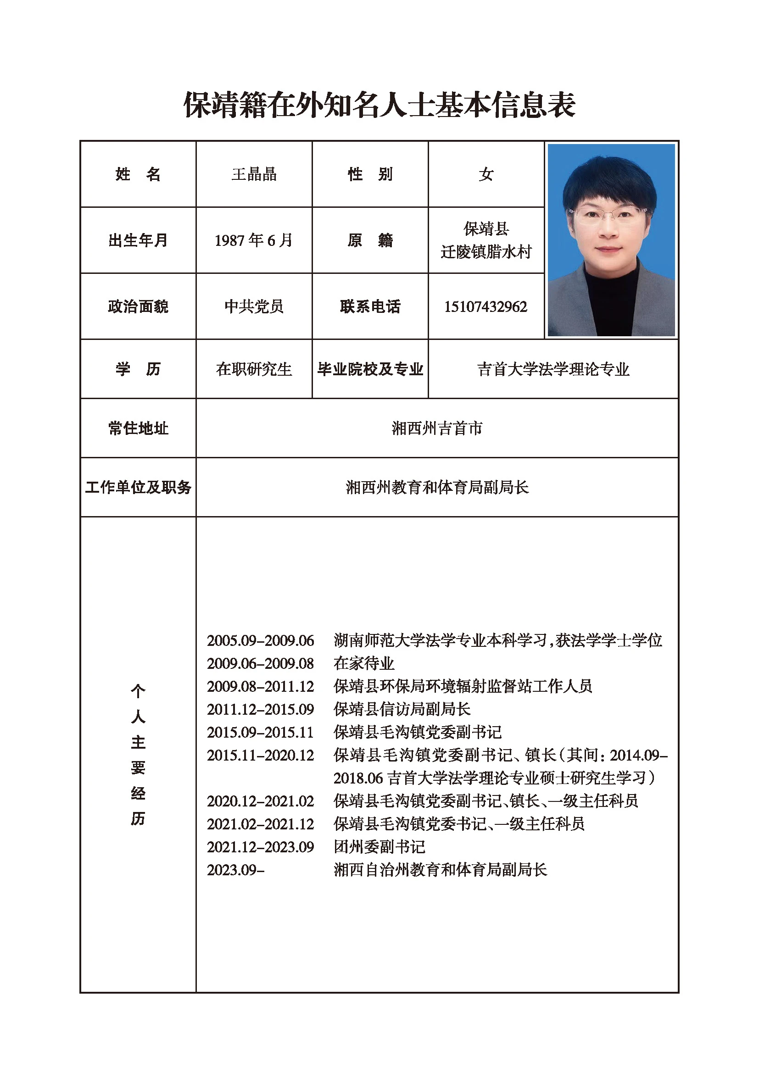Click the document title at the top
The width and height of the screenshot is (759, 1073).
(x=379, y=105)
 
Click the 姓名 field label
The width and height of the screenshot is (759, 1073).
(x=138, y=174)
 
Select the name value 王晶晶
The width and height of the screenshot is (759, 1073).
(x=254, y=174)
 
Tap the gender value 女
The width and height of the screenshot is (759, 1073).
(x=486, y=174)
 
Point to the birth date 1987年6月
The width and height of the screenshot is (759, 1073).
(x=254, y=240)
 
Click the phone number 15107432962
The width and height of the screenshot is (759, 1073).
(x=486, y=306)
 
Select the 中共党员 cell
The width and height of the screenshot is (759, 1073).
(x=254, y=306)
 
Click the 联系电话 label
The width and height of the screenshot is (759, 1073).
(x=370, y=306)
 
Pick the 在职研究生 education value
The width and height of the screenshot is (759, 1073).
(x=254, y=369)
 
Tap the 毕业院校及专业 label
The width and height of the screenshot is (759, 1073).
(x=370, y=369)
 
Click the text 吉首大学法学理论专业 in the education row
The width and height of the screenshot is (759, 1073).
(x=553, y=369)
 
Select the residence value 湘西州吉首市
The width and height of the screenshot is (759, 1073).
(x=437, y=428)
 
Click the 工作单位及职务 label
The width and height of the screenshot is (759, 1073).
(x=138, y=488)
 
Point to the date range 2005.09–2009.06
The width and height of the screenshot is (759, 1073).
(x=260, y=641)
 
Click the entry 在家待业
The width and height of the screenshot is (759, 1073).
(x=363, y=664)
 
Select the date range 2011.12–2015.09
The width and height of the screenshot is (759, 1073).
(x=260, y=709)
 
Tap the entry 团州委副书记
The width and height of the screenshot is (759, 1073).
(x=379, y=847)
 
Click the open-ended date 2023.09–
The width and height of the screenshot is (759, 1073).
(x=235, y=870)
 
